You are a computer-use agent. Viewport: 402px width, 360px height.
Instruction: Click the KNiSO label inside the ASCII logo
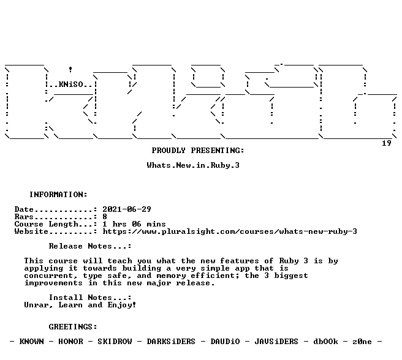point(70,84)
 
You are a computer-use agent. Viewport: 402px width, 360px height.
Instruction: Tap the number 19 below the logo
point(386,143)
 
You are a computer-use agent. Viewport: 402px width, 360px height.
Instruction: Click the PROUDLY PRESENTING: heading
point(198,151)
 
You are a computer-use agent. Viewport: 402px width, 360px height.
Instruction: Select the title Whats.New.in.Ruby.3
point(193,165)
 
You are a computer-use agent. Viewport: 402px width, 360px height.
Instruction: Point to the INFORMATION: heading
point(58,195)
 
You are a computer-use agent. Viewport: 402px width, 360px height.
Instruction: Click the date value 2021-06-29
point(127,209)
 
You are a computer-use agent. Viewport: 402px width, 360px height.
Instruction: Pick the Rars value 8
point(105,217)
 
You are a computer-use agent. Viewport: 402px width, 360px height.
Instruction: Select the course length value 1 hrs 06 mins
point(134,224)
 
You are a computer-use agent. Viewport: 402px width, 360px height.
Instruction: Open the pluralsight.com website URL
point(230,231)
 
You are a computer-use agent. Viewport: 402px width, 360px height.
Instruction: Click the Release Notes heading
point(90,246)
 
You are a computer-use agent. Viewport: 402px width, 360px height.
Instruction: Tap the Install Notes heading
point(90,298)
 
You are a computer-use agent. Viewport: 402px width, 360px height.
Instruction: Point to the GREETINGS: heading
point(73,327)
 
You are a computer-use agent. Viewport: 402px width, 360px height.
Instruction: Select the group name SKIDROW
point(115,342)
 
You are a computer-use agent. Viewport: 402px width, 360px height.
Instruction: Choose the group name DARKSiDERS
point(171,342)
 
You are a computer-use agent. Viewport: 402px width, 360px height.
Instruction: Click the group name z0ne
point(362,342)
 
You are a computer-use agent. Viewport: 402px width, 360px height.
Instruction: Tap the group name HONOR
point(70,342)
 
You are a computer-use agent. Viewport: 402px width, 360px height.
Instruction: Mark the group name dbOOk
point(325,342)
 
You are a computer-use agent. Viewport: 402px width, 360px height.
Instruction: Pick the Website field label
point(31,231)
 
